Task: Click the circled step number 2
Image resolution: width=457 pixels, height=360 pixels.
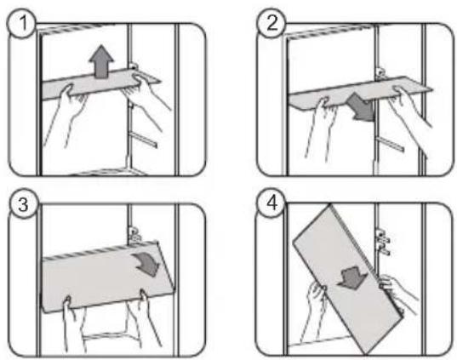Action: point(271,23)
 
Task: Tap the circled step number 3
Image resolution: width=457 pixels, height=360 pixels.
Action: point(23,203)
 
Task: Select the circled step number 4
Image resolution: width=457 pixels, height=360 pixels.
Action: point(271,203)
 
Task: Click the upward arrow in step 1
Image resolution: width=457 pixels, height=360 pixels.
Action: point(101,61)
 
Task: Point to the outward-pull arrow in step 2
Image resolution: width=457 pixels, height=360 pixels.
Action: point(360,107)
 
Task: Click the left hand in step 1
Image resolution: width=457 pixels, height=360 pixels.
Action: point(66,114)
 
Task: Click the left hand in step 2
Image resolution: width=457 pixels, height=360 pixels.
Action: point(320,126)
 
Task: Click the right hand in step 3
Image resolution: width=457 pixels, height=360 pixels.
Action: point(146,317)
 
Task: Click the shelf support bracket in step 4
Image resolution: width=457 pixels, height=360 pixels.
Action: point(383,242)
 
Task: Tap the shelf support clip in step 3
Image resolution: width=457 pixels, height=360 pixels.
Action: point(134,235)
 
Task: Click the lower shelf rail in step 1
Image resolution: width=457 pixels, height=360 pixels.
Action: point(143,139)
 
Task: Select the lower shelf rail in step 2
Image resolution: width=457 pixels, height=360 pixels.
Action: point(390,145)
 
